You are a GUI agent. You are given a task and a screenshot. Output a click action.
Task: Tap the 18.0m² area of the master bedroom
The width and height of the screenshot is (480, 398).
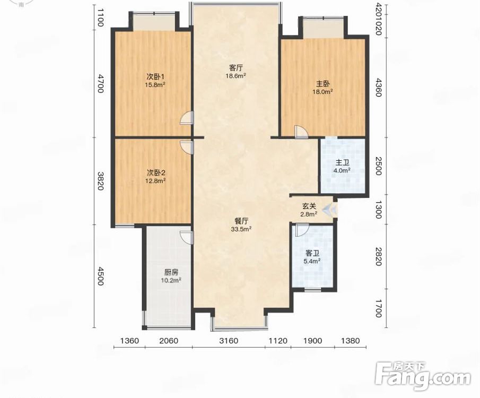[322, 91]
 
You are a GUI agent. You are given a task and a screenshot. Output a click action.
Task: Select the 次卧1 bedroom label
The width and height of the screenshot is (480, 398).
[155, 76]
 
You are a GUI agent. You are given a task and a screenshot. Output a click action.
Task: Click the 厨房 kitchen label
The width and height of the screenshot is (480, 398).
[171, 272]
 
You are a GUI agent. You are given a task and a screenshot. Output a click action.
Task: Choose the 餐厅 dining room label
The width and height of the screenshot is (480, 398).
[241, 221]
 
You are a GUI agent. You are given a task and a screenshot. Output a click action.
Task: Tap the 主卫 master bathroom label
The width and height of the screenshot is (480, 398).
[342, 163]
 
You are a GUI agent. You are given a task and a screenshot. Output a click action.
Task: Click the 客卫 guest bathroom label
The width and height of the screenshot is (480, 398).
[312, 253]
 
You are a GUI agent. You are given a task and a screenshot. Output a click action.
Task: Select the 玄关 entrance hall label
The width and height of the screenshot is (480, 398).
[309, 207]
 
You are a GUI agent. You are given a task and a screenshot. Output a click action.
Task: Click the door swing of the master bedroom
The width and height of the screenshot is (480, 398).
[301, 132]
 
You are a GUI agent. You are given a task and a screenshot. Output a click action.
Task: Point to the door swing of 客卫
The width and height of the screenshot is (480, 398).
[302, 230]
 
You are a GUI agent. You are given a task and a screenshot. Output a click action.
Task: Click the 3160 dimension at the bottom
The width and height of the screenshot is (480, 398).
[229, 341]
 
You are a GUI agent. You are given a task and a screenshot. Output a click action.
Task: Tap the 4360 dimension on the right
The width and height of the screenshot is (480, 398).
[379, 88]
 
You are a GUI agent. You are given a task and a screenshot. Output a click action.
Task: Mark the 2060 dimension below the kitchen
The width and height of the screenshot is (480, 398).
[169, 341]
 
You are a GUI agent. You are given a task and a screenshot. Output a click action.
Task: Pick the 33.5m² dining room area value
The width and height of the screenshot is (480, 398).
[241, 228]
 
